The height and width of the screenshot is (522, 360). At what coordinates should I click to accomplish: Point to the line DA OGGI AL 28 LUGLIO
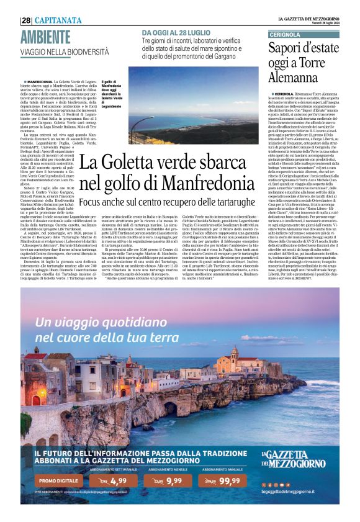point(175,32)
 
